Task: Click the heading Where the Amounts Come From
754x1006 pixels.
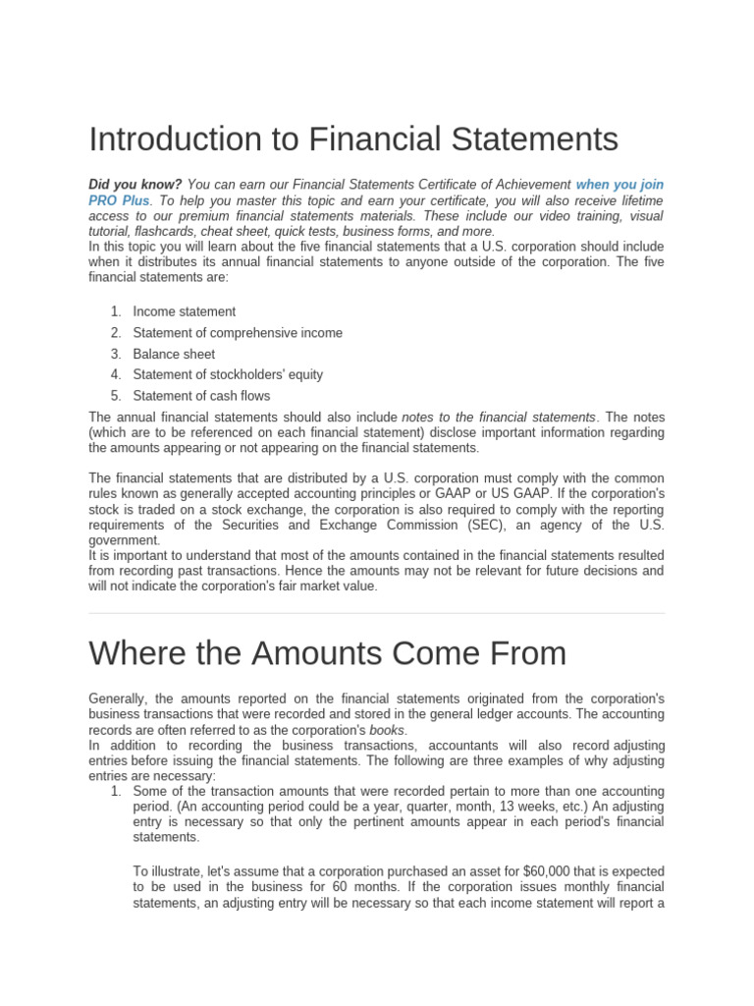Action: pos(327,653)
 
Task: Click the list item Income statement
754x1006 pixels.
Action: pos(185,311)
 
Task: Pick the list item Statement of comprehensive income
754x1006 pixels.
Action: pos(238,333)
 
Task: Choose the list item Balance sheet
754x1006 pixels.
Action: pos(174,354)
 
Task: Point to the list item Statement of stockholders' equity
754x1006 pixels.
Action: pos(228,374)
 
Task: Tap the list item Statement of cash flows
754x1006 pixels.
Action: pos(201,396)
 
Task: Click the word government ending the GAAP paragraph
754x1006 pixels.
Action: pos(124,540)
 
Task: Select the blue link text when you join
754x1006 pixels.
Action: pos(619,185)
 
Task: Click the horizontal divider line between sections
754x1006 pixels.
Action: pos(377,614)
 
